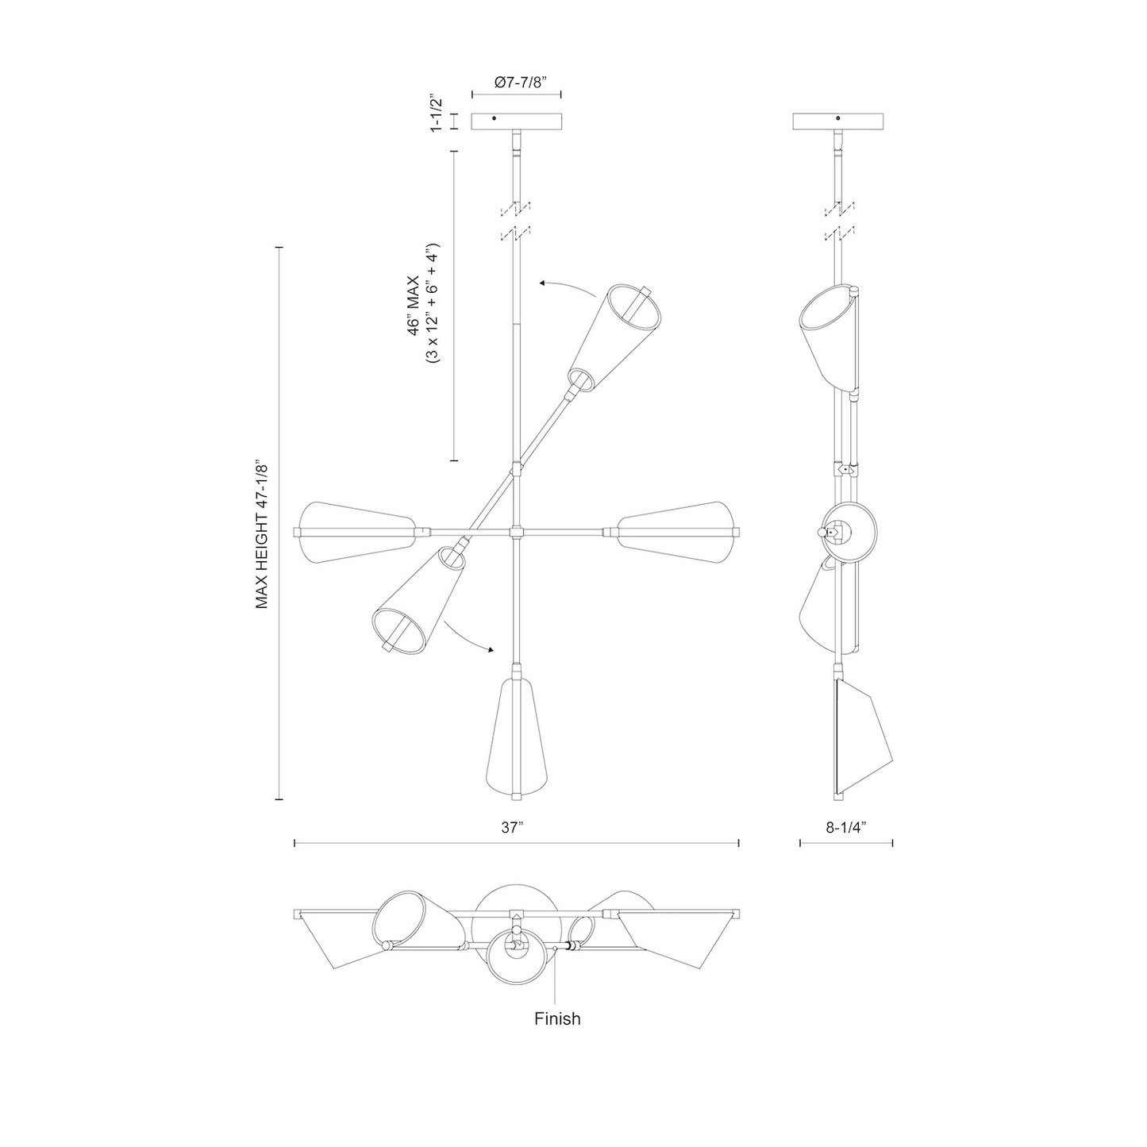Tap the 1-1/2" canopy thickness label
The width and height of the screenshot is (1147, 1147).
[x=435, y=114]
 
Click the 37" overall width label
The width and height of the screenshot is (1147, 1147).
[x=513, y=827]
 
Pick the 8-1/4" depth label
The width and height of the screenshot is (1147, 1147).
[x=845, y=827]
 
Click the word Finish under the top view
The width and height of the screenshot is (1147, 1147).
[x=557, y=1018]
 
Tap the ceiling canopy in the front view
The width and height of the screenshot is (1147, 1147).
[x=517, y=121]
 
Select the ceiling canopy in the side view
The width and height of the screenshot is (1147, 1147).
[x=839, y=121]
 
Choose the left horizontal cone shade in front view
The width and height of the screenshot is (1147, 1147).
[x=356, y=531]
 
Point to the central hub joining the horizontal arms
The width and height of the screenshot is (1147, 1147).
[x=516, y=531]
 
